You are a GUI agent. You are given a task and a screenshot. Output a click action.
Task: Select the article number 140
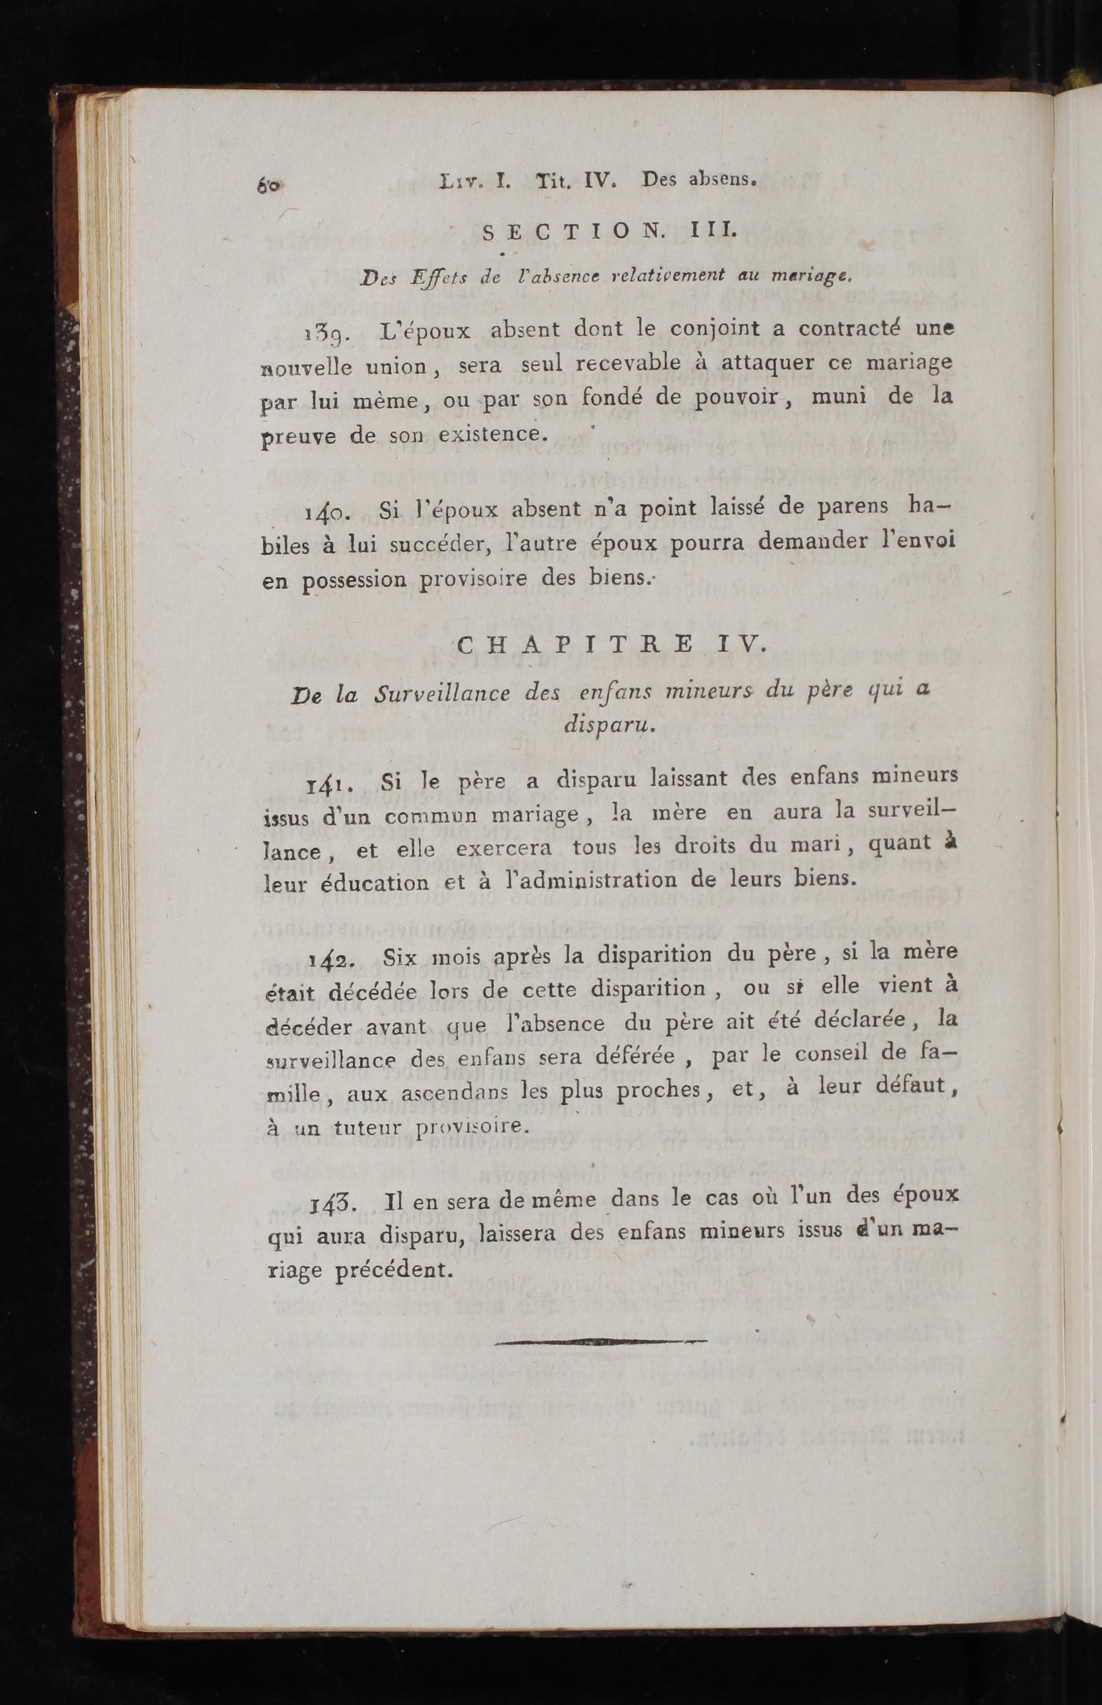coord(326,512)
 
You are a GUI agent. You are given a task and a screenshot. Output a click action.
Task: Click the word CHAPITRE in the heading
coord(574,645)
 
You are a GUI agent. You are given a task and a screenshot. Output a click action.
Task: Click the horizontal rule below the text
coord(600,1342)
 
